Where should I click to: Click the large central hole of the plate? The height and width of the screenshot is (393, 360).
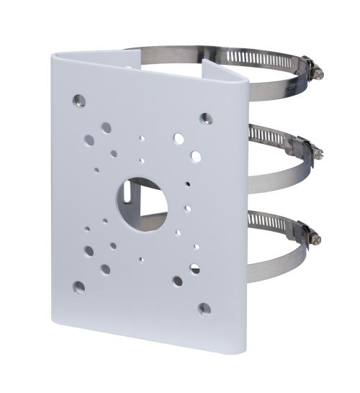pyautogui.click(x=143, y=203)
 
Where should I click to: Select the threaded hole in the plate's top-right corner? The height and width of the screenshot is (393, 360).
pyautogui.click(x=206, y=119)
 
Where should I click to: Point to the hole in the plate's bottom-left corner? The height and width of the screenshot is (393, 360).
pyautogui.click(x=79, y=286)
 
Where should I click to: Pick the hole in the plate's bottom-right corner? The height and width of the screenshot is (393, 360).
pyautogui.click(x=204, y=308)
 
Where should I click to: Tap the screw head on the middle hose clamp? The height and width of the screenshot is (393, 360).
pyautogui.click(x=317, y=153)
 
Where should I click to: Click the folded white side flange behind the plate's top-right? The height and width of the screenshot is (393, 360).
pyautogui.click(x=225, y=78)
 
